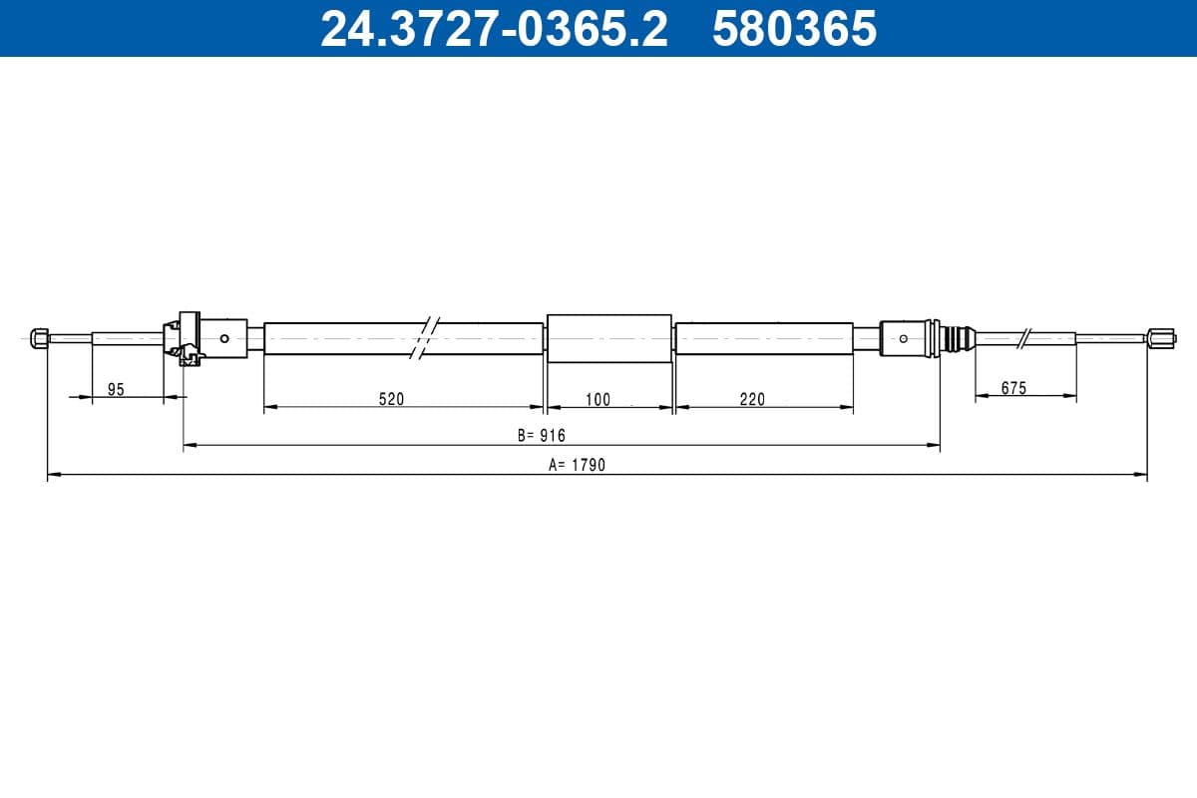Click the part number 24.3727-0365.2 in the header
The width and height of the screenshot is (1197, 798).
point(494,29)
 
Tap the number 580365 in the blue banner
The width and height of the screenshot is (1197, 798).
point(794,29)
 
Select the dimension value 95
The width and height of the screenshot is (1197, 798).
point(116,390)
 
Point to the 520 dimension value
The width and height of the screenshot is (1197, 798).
point(391,399)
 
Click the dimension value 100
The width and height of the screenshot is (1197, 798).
point(598,400)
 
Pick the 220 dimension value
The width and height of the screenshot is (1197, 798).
point(752,399)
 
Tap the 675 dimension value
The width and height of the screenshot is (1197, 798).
point(1013,388)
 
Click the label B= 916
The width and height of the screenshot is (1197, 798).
point(541,435)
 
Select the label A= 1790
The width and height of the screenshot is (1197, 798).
point(577,465)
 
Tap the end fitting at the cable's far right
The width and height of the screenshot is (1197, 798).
point(1157,337)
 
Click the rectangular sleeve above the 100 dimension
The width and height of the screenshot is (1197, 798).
point(609,338)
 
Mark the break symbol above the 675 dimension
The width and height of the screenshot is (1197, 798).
point(1023,337)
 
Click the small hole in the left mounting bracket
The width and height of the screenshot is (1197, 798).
point(225,337)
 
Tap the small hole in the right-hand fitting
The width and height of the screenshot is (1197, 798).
point(903,338)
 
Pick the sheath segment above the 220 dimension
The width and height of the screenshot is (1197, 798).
point(764,337)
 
